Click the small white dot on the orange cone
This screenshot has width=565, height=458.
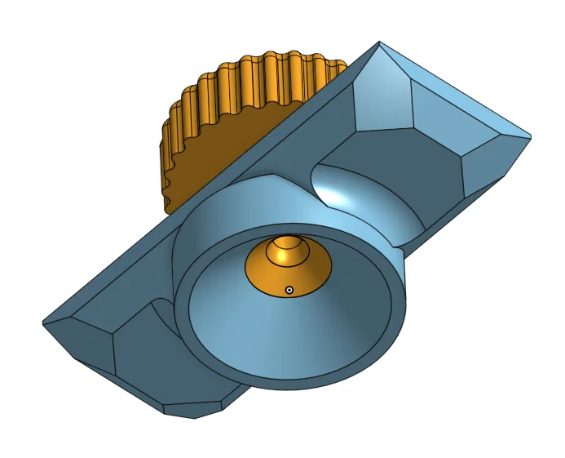289,289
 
